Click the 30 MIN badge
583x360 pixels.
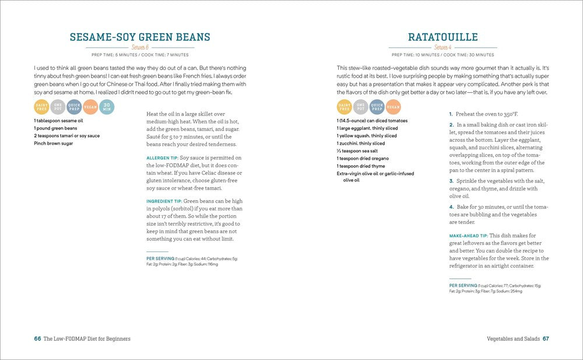point(107,107)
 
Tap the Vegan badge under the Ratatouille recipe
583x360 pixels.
point(393,107)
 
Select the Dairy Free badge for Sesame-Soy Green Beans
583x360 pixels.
point(41,107)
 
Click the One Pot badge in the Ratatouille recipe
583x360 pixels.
point(360,107)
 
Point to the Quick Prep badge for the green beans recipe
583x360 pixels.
point(74,107)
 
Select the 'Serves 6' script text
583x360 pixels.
point(140,47)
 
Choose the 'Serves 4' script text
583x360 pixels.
point(442,47)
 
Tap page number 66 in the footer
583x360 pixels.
point(37,338)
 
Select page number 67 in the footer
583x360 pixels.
point(546,338)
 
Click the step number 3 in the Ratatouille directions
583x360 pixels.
point(451,181)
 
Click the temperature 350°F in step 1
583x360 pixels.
point(502,114)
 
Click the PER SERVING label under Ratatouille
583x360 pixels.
point(464,285)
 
